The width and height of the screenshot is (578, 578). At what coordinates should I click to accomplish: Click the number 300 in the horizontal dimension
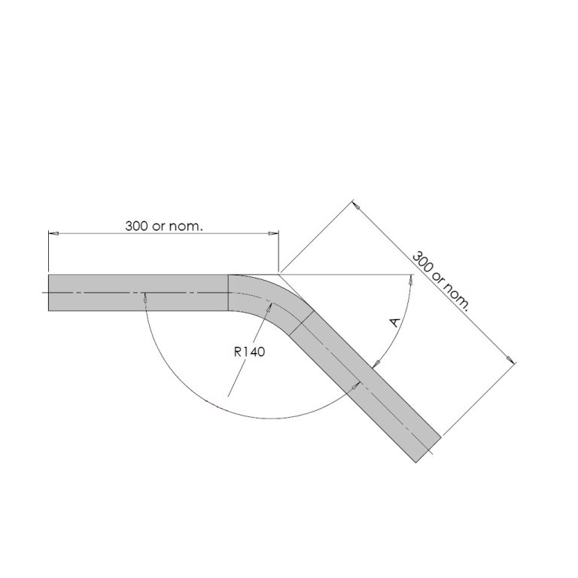(x=137, y=226)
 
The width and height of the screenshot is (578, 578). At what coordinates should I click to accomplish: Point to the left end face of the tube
(x=49, y=292)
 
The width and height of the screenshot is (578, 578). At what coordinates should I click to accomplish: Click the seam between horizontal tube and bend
(x=228, y=292)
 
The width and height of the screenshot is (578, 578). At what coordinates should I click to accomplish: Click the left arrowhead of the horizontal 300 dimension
(x=52, y=234)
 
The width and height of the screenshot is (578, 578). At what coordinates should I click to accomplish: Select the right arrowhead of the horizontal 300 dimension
(x=275, y=234)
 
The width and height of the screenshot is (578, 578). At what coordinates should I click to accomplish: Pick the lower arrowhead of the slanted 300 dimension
(x=512, y=360)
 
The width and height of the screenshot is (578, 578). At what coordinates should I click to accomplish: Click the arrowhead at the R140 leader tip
(x=267, y=308)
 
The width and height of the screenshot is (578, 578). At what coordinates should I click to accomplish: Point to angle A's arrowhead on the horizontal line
(x=410, y=278)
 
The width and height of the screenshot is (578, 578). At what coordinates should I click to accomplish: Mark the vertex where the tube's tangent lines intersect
(x=279, y=274)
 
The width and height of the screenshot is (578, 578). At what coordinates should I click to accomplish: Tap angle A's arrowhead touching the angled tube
(x=374, y=365)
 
